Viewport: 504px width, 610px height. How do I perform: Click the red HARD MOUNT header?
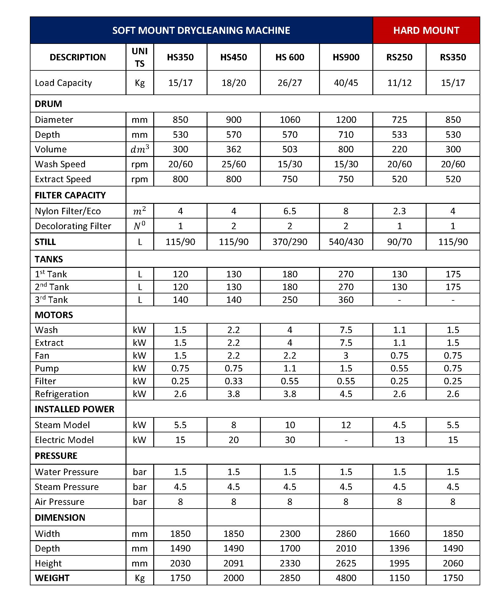coord(426,30)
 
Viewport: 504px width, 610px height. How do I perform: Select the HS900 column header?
coord(346,57)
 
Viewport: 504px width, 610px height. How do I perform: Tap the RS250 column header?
coord(399,57)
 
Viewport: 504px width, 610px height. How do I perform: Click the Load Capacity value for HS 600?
coord(289,83)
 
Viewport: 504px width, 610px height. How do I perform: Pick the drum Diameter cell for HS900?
coord(346,120)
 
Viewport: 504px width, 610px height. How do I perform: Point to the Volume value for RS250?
coord(399,149)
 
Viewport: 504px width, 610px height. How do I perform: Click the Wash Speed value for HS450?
coord(233,164)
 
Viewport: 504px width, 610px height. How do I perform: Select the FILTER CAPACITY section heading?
coord(70,195)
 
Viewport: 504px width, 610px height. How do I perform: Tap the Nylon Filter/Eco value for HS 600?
coord(289,211)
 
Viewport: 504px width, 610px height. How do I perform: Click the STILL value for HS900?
coord(346,242)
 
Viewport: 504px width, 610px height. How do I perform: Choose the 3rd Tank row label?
coord(51,300)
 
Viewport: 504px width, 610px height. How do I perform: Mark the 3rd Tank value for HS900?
coord(346,300)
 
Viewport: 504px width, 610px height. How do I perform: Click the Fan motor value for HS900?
coord(346,356)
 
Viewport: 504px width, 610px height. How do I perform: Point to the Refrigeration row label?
coord(62,394)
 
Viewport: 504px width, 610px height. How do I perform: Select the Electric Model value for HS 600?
coord(289,440)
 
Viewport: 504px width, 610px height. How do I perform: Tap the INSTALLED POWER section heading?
coord(74,409)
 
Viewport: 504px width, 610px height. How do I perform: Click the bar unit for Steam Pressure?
coord(140,487)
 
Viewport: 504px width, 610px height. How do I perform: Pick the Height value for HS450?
coord(233,563)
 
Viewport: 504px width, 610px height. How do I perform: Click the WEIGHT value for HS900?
coord(346,578)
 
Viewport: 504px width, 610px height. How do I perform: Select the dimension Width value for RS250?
coord(399,534)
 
